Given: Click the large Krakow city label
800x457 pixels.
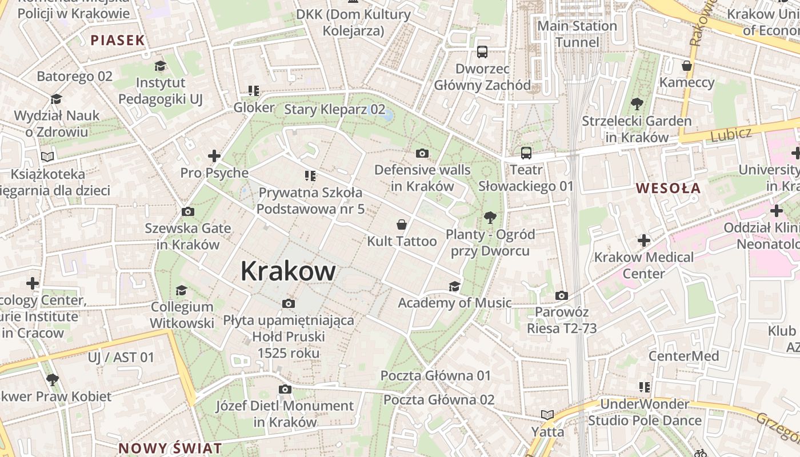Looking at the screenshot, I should (287, 271).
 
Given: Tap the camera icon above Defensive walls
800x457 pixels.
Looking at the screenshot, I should (422, 153).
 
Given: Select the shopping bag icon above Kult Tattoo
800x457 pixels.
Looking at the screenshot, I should (402, 225).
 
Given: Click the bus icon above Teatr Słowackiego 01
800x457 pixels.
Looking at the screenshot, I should (526, 153).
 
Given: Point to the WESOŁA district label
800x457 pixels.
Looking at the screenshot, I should (668, 188).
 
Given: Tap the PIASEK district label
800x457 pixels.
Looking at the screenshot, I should (118, 40).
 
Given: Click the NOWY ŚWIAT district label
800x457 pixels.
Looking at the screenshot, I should (170, 448).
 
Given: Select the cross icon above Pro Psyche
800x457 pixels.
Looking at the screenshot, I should (214, 156).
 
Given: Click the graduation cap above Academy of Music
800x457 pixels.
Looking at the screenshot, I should (454, 286).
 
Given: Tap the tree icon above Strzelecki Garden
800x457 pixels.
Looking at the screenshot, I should (637, 104).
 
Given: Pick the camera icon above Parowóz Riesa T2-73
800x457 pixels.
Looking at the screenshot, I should (562, 295).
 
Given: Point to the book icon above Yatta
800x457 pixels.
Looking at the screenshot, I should (547, 415).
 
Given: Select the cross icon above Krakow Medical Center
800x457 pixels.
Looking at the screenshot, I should (644, 240).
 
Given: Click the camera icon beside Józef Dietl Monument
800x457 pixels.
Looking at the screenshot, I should (285, 390).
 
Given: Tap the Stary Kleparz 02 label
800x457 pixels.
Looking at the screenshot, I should (334, 109).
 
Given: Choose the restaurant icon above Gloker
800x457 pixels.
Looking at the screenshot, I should (254, 90).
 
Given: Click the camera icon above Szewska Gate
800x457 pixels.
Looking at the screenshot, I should (187, 212).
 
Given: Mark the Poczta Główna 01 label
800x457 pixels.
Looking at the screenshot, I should (435, 375).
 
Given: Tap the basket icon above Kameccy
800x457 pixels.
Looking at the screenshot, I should (687, 66).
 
